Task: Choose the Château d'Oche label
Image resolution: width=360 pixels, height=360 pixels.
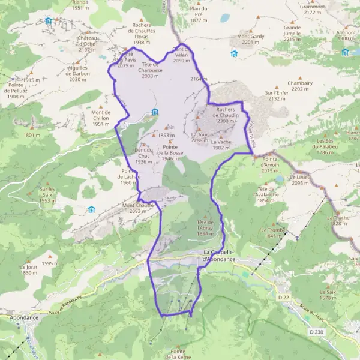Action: click(87, 44)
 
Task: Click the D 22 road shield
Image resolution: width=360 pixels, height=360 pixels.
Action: click(283, 296)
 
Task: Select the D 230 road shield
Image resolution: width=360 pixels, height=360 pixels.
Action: click(316, 332)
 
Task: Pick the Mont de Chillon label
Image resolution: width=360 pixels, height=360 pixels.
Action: click(101, 118)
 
